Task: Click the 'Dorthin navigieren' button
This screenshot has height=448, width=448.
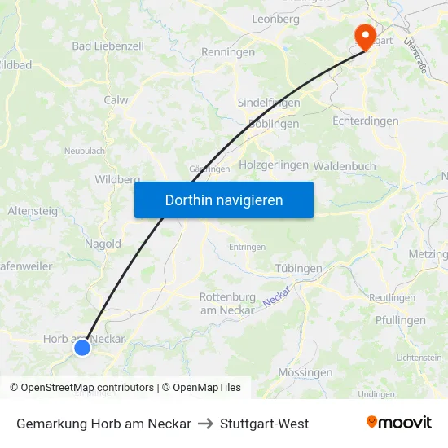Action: click(x=224, y=200)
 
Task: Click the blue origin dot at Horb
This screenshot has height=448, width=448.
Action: click(x=82, y=348)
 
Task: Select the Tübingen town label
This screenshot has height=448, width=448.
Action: click(x=297, y=268)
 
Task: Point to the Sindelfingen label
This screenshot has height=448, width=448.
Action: click(x=269, y=103)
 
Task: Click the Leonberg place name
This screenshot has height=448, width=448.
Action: click(x=277, y=18)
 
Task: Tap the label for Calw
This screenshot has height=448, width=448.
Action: click(x=116, y=100)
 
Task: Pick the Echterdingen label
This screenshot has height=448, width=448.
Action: click(x=366, y=121)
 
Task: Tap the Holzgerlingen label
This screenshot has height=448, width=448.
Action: click(x=274, y=165)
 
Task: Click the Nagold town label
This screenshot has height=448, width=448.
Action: click(x=103, y=243)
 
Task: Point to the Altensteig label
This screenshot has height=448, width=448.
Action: click(x=33, y=210)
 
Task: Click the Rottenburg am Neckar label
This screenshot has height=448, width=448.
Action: click(x=227, y=303)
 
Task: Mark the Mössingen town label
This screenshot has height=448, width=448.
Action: click(x=305, y=372)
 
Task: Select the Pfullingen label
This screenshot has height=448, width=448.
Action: click(x=401, y=320)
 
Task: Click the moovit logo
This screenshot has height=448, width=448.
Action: click(x=399, y=422)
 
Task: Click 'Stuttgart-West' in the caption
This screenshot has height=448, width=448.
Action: click(x=264, y=424)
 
